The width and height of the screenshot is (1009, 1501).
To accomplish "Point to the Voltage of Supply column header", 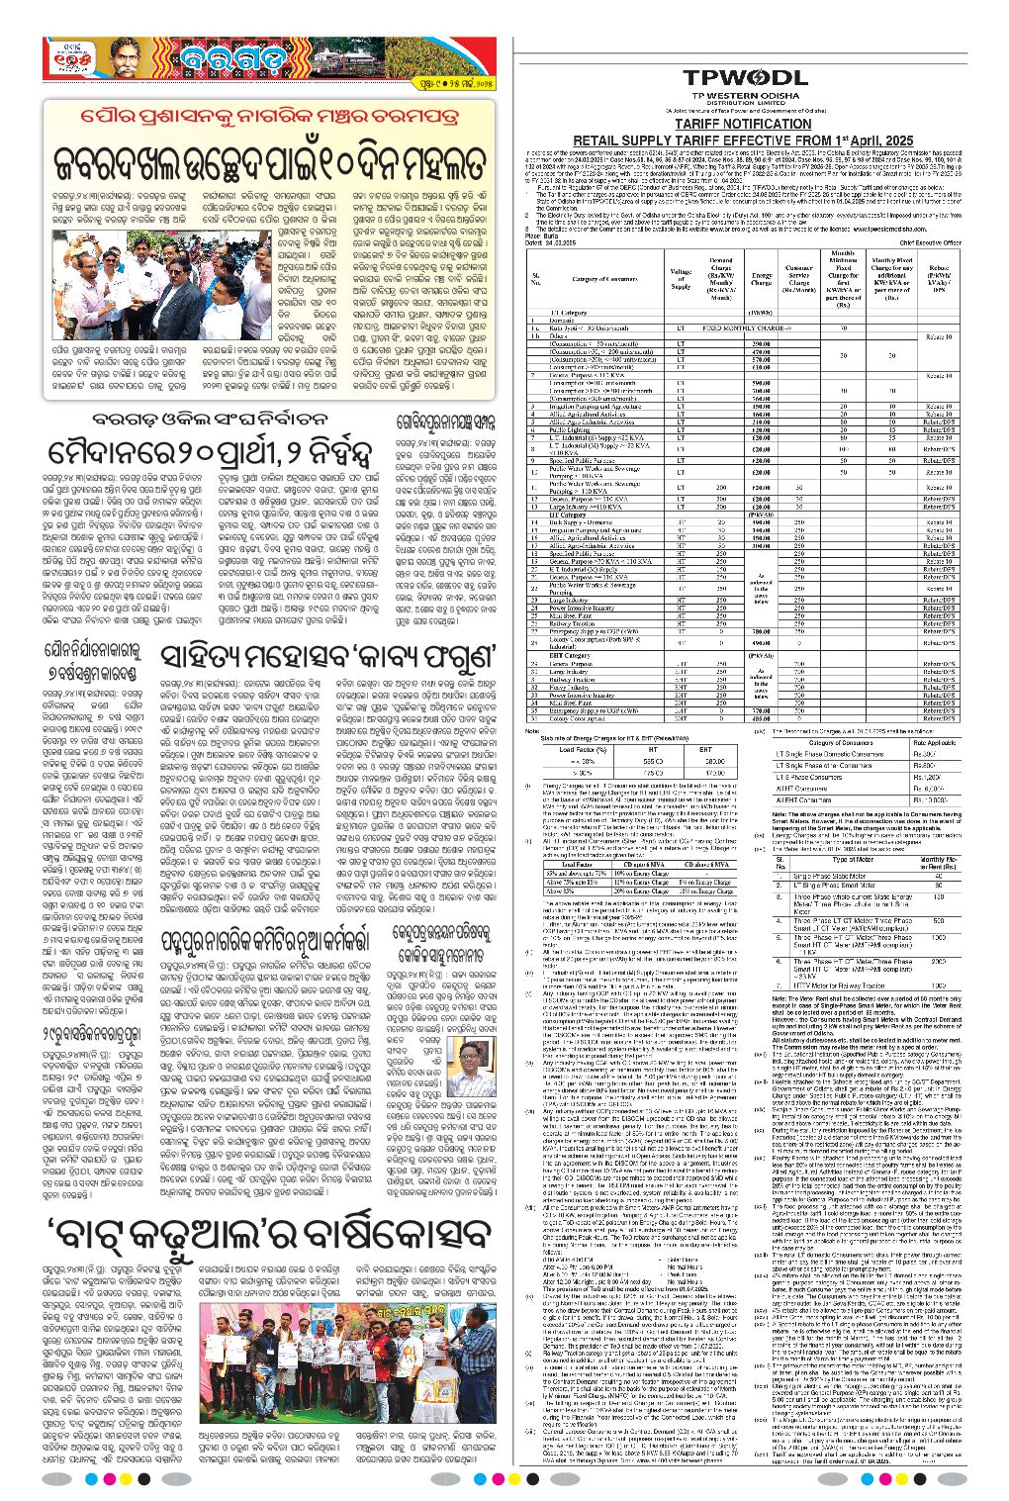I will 681,278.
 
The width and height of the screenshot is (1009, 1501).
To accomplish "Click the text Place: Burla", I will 542,236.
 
